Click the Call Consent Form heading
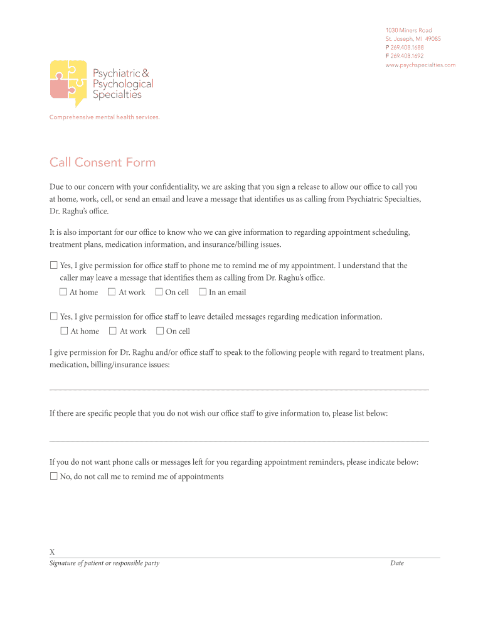click(x=102, y=163)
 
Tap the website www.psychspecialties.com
click(x=420, y=65)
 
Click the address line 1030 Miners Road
click(x=408, y=30)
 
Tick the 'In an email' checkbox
click(x=203, y=292)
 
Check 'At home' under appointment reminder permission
click(x=63, y=292)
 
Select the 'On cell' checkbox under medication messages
click(x=160, y=331)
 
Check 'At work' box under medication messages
click(x=113, y=331)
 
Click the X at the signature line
click(x=52, y=552)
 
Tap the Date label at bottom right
click(x=396, y=563)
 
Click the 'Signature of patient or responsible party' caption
click(x=104, y=563)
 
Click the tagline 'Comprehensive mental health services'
click(x=104, y=117)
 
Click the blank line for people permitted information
click(x=239, y=389)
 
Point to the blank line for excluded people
click(x=239, y=441)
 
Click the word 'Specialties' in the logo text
click(x=117, y=95)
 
